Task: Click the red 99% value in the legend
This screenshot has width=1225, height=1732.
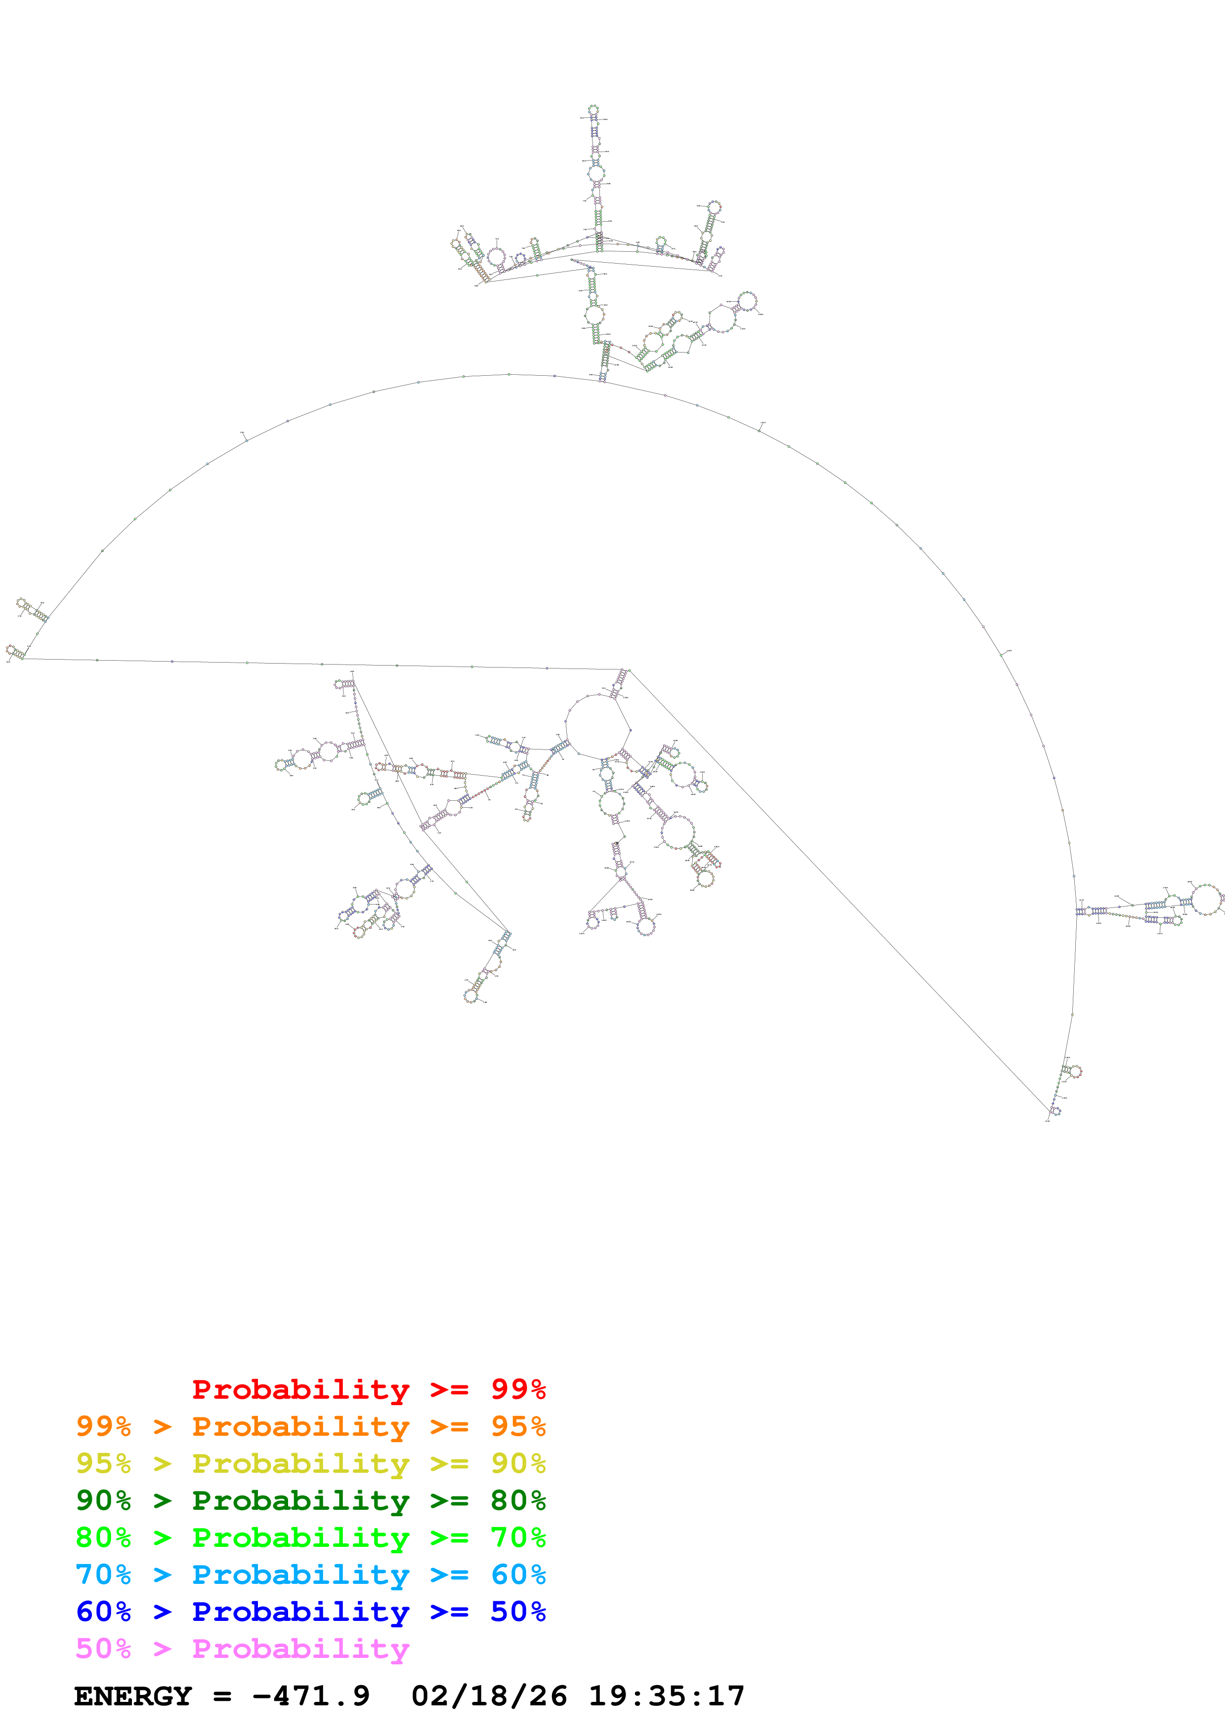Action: [x=518, y=1389]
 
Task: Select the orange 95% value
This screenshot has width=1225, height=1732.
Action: [x=518, y=1426]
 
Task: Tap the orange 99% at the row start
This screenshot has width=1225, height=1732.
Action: [x=103, y=1426]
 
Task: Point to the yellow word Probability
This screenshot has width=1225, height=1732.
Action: [x=300, y=1463]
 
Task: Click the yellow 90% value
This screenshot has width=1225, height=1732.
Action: [x=518, y=1463]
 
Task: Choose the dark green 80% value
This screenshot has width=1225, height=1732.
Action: [x=518, y=1500]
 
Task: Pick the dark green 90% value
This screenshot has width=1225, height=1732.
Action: [x=103, y=1500]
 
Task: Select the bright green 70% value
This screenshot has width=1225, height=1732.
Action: [x=518, y=1537]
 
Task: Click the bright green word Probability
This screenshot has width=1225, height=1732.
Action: [x=300, y=1537]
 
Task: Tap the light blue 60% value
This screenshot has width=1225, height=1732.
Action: [x=518, y=1575]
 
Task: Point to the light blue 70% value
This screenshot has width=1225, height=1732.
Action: [x=103, y=1575]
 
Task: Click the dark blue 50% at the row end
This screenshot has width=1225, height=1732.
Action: [x=518, y=1612]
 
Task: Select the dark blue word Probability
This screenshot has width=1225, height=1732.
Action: [x=300, y=1612]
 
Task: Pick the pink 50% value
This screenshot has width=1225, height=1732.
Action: [x=103, y=1648]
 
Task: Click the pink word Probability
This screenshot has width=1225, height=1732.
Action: [x=300, y=1648]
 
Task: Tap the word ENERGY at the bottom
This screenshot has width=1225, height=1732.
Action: [x=133, y=1696]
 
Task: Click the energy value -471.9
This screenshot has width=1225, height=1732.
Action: [x=311, y=1696]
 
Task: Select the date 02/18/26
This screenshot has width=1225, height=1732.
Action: [x=489, y=1696]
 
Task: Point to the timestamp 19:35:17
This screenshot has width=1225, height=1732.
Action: [x=667, y=1696]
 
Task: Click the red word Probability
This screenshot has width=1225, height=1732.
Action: [x=300, y=1389]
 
